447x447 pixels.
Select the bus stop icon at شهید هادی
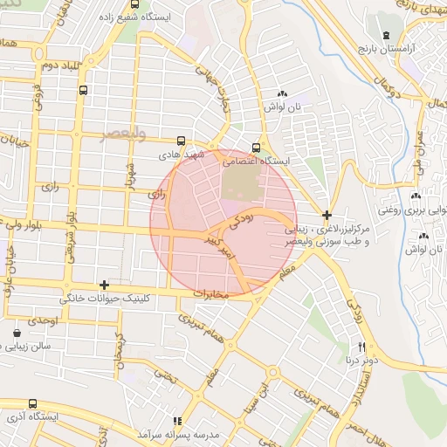tap(181, 140)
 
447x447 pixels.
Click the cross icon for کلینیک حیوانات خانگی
tap(105, 285)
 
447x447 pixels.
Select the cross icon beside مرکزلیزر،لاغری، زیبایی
tap(327, 215)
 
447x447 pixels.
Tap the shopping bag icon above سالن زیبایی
tap(18, 334)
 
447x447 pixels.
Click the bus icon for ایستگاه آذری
tap(33, 404)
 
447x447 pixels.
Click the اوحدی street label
tap(41, 321)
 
